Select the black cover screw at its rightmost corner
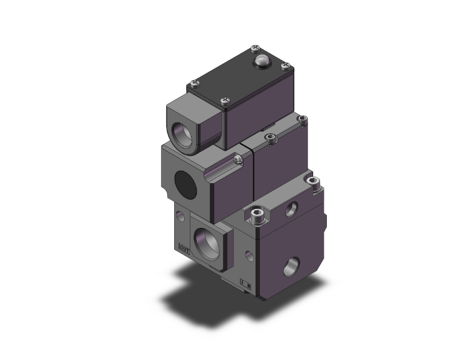(286, 64)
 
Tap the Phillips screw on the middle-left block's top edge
(236, 161)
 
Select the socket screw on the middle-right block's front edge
(270, 137)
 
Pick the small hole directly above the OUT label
(180, 217)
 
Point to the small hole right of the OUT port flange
(250, 254)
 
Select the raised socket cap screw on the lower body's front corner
(256, 217)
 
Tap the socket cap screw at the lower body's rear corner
(314, 182)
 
